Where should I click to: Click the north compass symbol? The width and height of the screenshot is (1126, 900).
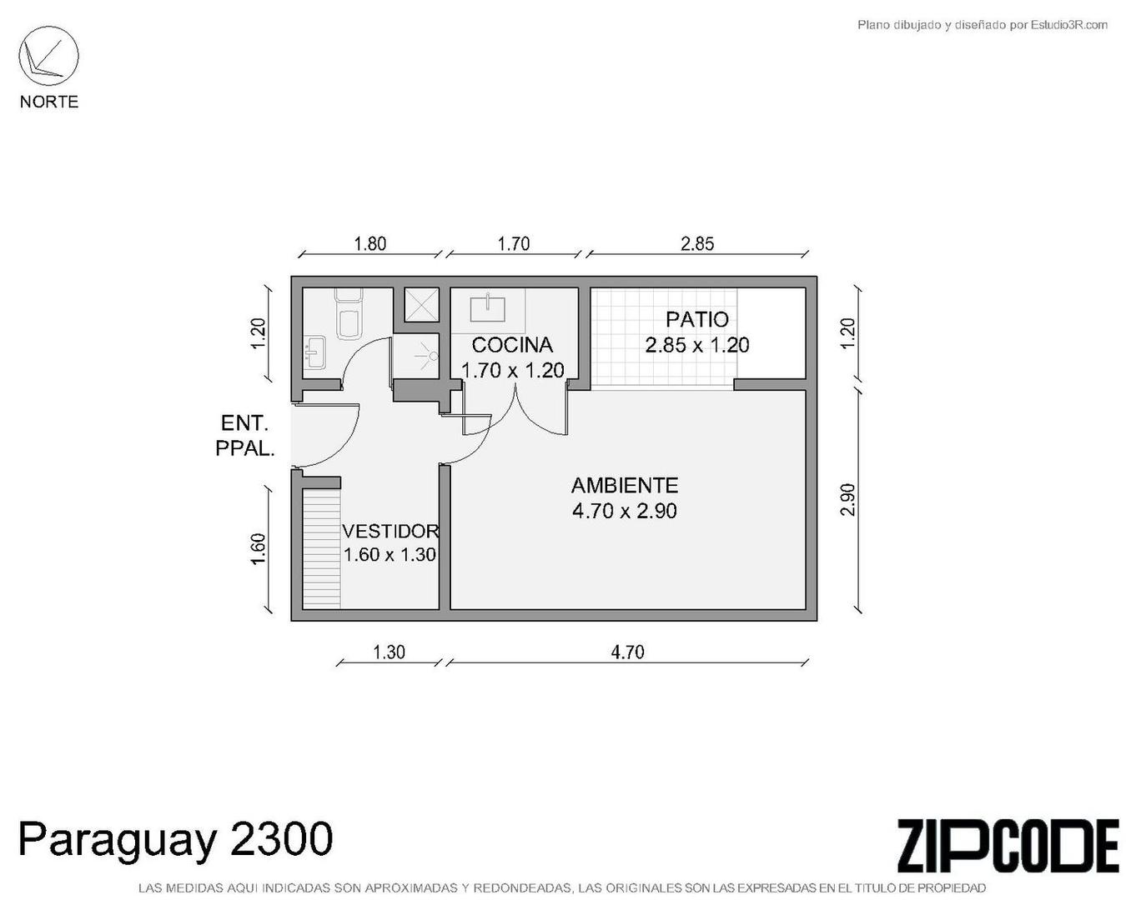click(48, 57)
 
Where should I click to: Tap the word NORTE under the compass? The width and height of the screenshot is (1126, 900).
click(49, 102)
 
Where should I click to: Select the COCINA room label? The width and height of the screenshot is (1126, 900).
click(512, 345)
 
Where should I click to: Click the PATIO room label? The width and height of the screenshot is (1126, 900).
click(696, 319)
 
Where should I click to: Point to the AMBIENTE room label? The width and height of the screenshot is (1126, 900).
click(624, 485)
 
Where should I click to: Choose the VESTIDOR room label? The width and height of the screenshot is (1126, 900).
click(390, 531)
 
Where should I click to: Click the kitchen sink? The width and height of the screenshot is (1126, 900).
click(488, 307)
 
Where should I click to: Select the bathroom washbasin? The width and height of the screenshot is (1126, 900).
click(314, 352)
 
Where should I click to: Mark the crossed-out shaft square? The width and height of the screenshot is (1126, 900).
click(421, 305)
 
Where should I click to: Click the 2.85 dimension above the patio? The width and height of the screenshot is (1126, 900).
click(697, 243)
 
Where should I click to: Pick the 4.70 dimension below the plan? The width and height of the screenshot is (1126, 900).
click(627, 652)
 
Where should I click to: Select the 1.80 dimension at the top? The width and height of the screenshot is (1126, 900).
click(370, 243)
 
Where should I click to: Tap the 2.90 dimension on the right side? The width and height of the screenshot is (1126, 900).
click(848, 499)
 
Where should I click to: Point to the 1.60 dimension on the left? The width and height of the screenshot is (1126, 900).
click(259, 548)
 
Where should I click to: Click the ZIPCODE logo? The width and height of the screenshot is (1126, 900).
click(1007, 846)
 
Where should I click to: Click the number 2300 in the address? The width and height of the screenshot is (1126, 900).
click(280, 839)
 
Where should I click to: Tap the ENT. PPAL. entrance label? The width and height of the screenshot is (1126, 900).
click(244, 435)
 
